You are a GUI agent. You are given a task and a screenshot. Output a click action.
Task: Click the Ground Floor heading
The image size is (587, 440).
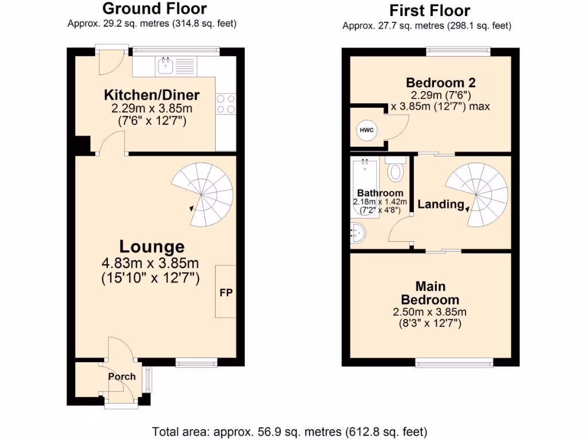(154, 9)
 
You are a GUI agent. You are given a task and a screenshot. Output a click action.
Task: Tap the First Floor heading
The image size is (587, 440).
(429, 10)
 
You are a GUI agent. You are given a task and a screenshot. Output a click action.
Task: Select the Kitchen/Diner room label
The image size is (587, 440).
(151, 95)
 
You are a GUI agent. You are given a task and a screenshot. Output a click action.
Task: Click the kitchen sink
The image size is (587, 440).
(166, 66)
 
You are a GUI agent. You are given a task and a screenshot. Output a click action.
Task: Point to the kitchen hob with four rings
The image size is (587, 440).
(226, 104)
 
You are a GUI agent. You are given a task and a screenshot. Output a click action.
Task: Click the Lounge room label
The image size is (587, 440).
(152, 247)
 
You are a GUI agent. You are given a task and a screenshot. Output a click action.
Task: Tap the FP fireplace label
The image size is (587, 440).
(226, 292)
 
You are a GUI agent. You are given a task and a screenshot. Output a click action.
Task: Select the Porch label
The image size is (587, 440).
(122, 376)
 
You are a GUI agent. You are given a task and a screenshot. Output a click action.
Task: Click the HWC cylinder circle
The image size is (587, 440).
(367, 130)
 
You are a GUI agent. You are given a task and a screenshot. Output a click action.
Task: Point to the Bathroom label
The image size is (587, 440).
(380, 193)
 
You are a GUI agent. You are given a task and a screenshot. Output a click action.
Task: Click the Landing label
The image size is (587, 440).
(441, 205)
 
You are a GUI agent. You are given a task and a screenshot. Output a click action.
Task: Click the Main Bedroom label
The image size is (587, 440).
(430, 293)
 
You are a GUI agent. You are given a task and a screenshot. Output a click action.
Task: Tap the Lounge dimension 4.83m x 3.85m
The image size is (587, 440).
(151, 264)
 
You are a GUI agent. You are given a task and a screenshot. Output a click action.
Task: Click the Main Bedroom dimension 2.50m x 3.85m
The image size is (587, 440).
(430, 312)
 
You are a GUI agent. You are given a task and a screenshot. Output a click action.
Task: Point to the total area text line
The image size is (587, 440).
(289, 431)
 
